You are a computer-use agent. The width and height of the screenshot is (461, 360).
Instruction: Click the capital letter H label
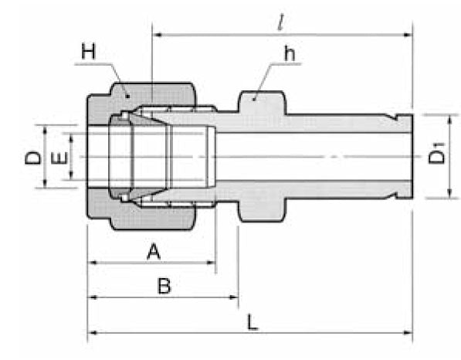click(87, 53)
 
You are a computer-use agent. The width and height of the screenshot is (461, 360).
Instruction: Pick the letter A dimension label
click(153, 251)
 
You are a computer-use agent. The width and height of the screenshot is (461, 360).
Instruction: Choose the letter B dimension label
click(163, 287)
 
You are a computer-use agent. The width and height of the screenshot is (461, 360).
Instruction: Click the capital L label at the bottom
click(251, 321)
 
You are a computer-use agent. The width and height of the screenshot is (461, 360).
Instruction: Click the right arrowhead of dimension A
click(211, 263)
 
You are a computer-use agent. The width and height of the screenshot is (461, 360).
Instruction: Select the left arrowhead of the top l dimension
click(158, 33)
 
